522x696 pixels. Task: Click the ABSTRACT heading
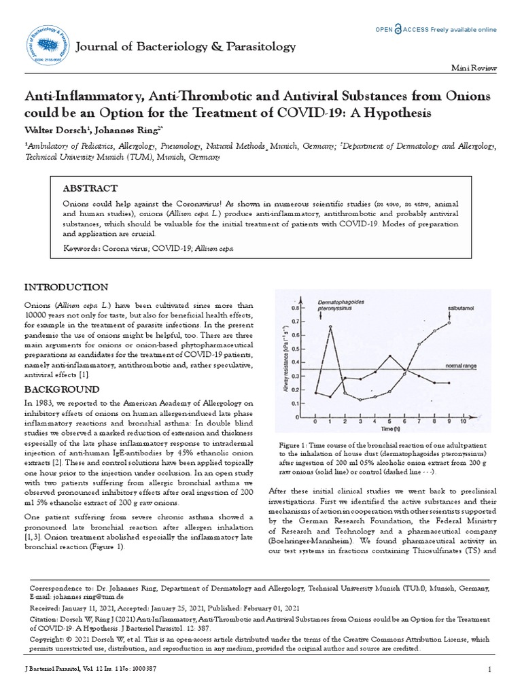pos(90,188)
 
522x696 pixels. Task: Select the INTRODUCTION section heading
pos(66,288)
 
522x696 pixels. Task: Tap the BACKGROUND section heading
pos(62,389)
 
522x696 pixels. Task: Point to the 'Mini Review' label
pos(474,69)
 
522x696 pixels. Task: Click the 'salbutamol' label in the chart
pos(461,308)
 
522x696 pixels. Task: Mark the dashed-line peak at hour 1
pos(330,327)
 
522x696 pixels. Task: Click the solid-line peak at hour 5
pos(389,355)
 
